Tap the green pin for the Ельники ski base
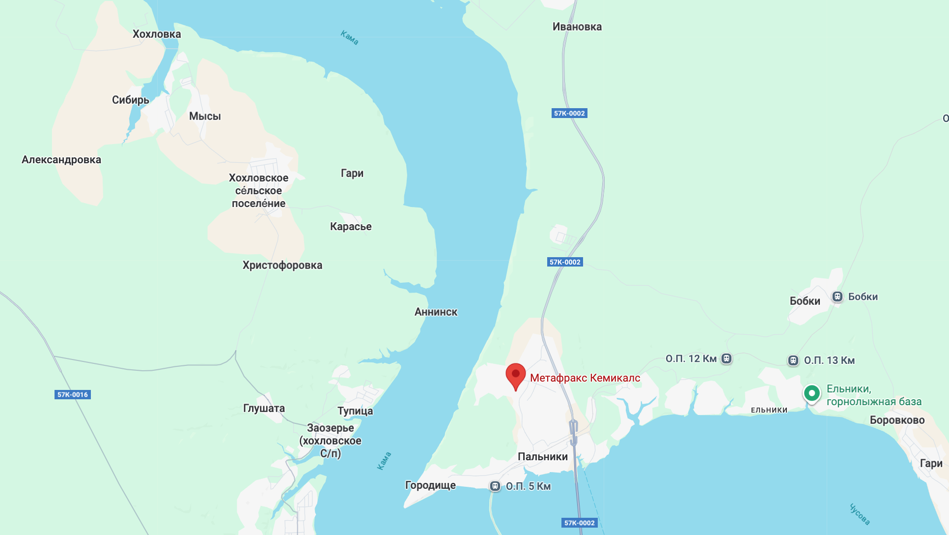[812, 393]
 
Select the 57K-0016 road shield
[73, 394]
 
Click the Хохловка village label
[157, 34]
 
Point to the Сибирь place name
[130, 100]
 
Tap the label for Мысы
[205, 116]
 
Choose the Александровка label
[61, 160]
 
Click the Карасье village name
[351, 227]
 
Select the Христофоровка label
[282, 265]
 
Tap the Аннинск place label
[436, 312]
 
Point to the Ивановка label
[577, 27]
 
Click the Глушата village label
[264, 408]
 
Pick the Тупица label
[355, 411]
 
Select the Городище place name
[430, 485]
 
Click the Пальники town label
[543, 456]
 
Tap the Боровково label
[897, 420]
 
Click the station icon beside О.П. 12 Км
[726, 358]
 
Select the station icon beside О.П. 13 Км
[793, 360]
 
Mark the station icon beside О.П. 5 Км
[495, 486]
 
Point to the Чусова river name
[860, 514]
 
